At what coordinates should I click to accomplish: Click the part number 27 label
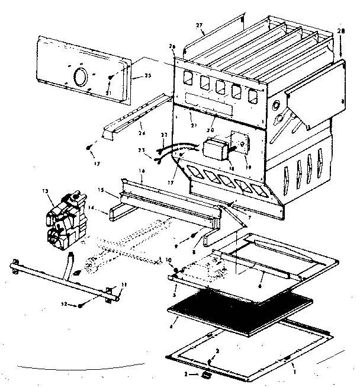click(198, 25)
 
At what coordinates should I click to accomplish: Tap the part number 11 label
click(124, 287)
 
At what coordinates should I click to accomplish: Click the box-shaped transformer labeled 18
click(217, 149)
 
